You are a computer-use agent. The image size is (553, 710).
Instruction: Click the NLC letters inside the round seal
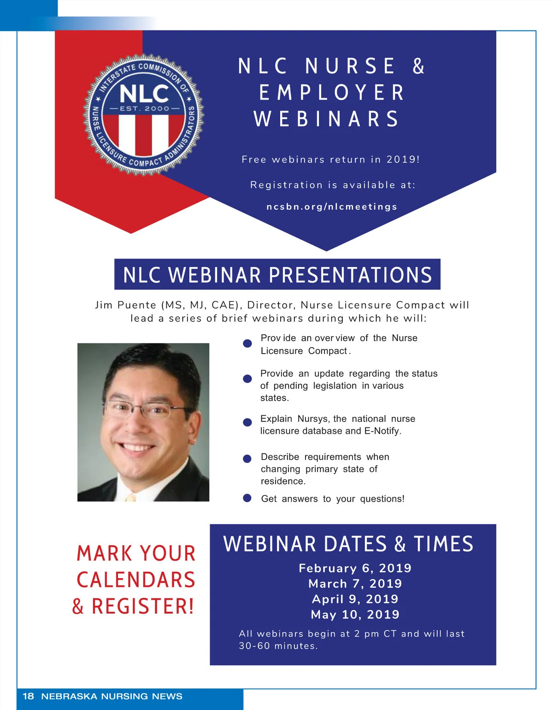pyautogui.click(x=144, y=94)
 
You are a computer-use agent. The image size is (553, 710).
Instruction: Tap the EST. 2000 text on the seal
pyautogui.click(x=145, y=108)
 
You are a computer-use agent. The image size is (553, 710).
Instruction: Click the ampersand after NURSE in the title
pyautogui.click(x=418, y=65)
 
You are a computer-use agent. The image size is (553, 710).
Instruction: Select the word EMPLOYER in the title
pyautogui.click(x=332, y=92)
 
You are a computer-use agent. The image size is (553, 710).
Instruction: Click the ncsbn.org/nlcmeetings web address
pyautogui.click(x=332, y=207)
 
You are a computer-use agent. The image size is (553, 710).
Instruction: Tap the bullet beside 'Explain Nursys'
pyautogui.click(x=247, y=422)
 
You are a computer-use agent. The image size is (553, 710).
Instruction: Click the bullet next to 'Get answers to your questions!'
pyautogui.click(x=247, y=498)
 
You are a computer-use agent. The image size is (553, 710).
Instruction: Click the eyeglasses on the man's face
pyautogui.click(x=147, y=409)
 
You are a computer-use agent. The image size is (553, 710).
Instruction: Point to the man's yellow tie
pyautogui.click(x=130, y=497)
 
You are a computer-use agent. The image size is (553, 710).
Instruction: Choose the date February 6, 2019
pyautogui.click(x=355, y=568)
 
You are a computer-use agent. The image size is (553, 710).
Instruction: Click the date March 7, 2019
pyautogui.click(x=355, y=584)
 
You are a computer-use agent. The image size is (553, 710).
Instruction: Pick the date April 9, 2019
pyautogui.click(x=355, y=599)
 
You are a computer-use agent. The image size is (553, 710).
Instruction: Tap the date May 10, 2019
pyautogui.click(x=355, y=614)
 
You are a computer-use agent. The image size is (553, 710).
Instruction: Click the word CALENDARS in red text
pyautogui.click(x=136, y=580)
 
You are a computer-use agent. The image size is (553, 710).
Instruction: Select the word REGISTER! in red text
pyautogui.click(x=143, y=606)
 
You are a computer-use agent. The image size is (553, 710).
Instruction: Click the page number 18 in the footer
pyautogui.click(x=28, y=696)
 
